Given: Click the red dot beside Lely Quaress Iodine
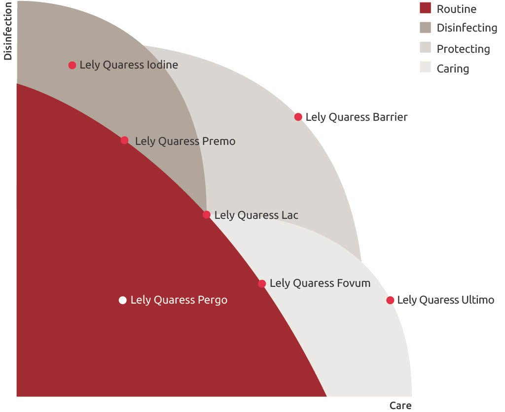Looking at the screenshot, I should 72,65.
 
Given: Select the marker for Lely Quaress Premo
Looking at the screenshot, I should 125,140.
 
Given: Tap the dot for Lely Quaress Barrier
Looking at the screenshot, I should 298,117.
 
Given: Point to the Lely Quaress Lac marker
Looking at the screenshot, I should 207,215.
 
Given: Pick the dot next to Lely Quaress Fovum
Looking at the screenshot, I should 262,284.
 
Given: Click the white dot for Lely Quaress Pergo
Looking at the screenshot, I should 123,300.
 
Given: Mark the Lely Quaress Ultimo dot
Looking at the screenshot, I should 390,300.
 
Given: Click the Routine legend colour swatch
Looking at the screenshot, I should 425,8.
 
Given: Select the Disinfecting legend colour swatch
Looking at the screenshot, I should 425,28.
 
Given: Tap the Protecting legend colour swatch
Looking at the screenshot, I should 425,48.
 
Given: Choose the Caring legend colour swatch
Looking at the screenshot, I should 425,68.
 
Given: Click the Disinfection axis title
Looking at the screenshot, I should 7,31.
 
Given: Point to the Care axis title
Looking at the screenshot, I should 400,406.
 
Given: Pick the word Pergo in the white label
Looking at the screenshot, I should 212,300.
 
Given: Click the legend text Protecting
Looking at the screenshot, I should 463,49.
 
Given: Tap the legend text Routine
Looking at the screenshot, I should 456,9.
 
